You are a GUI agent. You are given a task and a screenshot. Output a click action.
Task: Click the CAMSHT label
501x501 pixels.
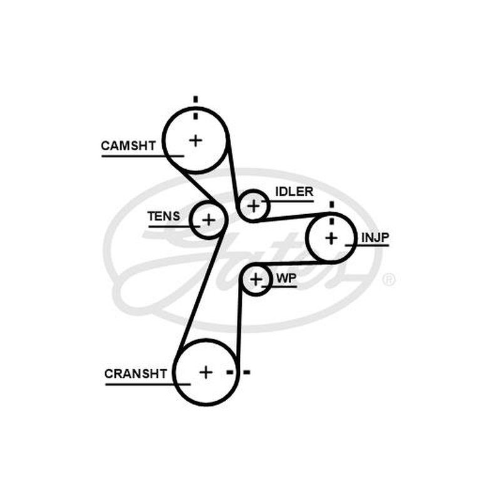point(128,146)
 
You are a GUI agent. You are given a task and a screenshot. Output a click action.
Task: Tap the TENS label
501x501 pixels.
point(163,216)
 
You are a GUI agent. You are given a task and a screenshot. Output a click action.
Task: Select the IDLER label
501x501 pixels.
point(294,192)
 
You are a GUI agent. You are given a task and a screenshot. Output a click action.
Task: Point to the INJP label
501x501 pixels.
point(375,237)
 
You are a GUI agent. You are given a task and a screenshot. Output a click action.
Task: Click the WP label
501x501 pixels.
point(286,278)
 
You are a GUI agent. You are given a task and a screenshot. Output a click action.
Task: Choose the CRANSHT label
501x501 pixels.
point(135,373)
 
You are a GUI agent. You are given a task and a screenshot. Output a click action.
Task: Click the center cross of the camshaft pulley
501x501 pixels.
point(195,140)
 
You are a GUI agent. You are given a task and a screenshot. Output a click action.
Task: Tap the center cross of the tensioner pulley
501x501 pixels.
point(209,220)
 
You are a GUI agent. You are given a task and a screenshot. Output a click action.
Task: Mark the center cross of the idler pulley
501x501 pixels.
point(254,206)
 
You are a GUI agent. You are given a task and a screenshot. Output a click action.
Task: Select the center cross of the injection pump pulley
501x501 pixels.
point(331,239)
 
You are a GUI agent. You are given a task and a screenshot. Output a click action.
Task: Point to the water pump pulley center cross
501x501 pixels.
point(256,280)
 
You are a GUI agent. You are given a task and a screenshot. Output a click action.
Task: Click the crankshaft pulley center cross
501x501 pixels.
point(206,372)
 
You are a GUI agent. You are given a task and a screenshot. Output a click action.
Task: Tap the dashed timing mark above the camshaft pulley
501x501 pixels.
point(195,108)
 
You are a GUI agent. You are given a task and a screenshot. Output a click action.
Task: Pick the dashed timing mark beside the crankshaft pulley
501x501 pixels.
point(238,372)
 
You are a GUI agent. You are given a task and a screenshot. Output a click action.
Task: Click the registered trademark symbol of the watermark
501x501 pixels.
point(388,279)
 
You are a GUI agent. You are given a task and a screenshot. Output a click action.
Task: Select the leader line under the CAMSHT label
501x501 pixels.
point(143,156)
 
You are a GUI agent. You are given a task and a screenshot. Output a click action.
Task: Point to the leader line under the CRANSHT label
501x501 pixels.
point(148,384)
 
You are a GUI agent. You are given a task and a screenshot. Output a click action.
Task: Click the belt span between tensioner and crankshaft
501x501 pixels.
point(201,290)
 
